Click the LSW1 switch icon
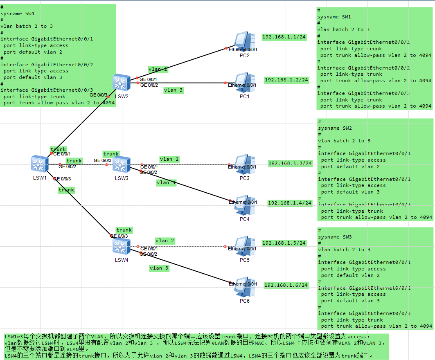[x=40, y=164]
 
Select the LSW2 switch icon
[x=120, y=83]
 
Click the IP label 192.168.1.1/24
[x=284, y=37]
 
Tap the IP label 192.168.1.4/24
[x=290, y=203]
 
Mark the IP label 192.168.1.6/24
[x=286, y=285]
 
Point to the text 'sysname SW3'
[x=335, y=237]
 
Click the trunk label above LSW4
[x=124, y=230]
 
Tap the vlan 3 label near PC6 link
[x=159, y=268]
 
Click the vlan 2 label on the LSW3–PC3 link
[x=169, y=159]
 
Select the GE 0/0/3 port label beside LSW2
[x=98, y=95]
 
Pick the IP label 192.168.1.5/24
[x=284, y=243]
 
